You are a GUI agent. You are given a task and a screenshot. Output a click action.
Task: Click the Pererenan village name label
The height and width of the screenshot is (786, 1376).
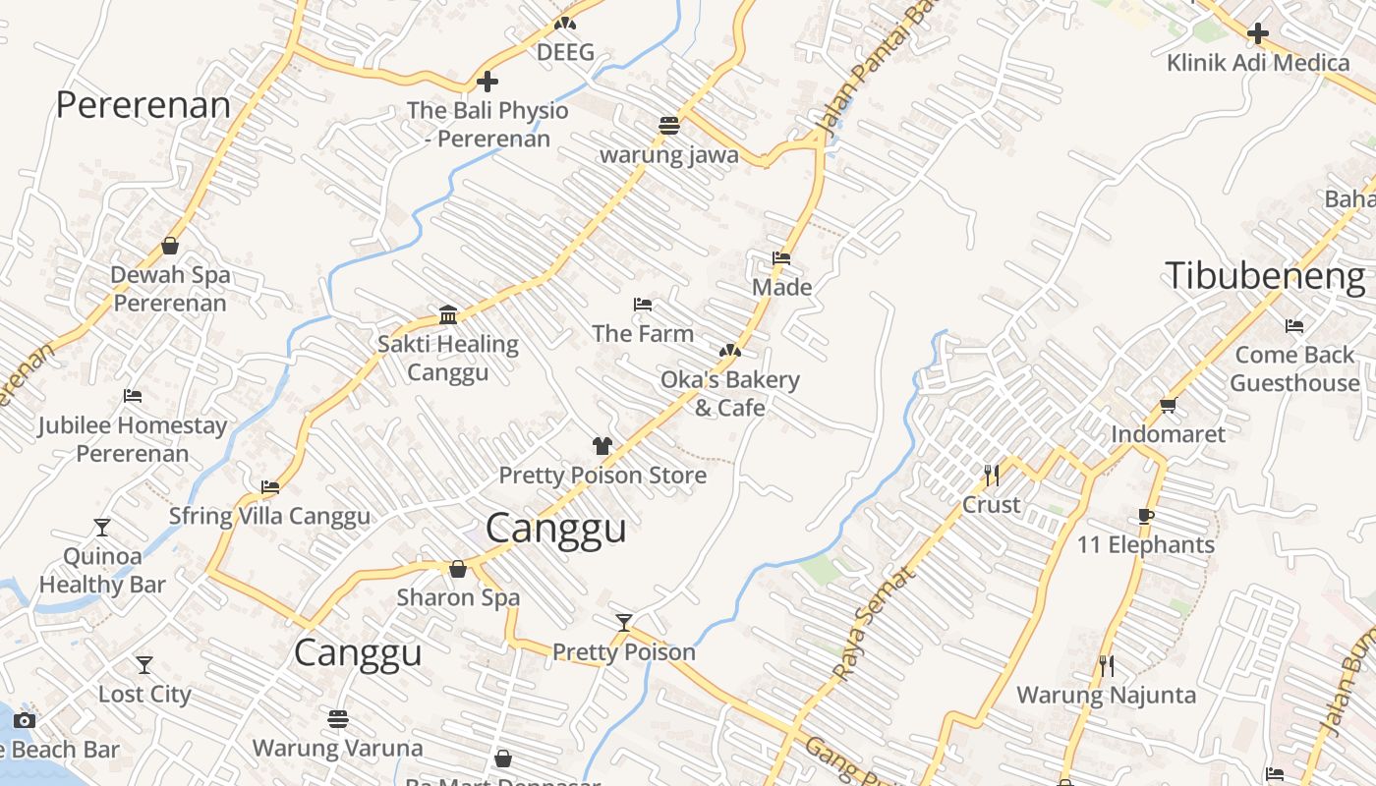tap(143, 105)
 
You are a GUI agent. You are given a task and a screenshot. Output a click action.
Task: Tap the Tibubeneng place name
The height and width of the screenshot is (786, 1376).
tap(1265, 276)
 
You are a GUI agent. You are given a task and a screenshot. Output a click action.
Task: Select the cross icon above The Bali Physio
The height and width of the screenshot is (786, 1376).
tap(487, 82)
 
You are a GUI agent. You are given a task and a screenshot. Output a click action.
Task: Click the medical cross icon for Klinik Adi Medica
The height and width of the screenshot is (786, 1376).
tap(1257, 34)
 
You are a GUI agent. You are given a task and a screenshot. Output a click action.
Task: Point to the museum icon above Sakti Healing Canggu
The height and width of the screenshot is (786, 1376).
tap(448, 314)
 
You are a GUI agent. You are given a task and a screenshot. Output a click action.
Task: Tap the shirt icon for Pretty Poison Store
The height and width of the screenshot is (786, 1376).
tap(602, 446)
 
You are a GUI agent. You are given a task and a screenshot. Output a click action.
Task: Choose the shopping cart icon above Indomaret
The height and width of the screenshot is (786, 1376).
tap(1168, 405)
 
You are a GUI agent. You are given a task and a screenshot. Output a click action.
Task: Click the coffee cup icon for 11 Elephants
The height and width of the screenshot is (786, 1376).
tap(1145, 516)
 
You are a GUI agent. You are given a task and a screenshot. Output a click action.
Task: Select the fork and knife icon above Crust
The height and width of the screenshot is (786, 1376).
tap(991, 476)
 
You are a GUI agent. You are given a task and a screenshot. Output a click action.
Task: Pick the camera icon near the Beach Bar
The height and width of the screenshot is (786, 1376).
tap(25, 721)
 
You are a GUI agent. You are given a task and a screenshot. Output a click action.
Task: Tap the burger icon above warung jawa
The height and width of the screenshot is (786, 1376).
tap(669, 126)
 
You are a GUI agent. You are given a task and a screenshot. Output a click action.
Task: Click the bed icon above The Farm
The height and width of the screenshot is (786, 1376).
tap(643, 305)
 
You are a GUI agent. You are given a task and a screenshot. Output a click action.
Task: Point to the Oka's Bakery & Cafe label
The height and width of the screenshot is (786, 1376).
tap(729, 393)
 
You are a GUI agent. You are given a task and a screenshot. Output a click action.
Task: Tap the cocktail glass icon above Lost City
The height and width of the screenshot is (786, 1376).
tap(144, 665)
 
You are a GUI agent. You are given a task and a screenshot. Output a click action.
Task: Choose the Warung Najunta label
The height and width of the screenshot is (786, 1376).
tap(1106, 696)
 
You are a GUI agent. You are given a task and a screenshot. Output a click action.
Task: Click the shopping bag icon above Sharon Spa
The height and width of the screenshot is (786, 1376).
tap(458, 569)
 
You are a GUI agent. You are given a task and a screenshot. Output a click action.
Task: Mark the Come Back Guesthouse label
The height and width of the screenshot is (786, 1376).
tap(1294, 368)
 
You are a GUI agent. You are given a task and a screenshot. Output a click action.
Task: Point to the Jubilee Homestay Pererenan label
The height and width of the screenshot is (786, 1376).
tap(133, 439)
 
